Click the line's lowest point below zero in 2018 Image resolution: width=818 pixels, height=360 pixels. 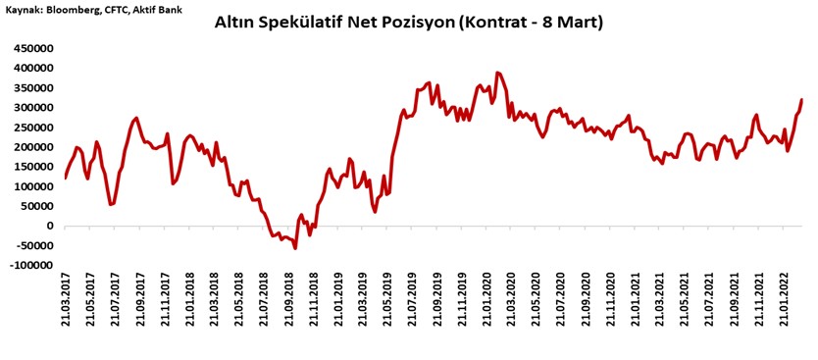pos(295,248)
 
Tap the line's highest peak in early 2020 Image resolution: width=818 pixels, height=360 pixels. pos(498,73)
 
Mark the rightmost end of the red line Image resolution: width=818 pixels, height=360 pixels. pos(801,99)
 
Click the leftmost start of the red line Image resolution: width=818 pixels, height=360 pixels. pos(66,178)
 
